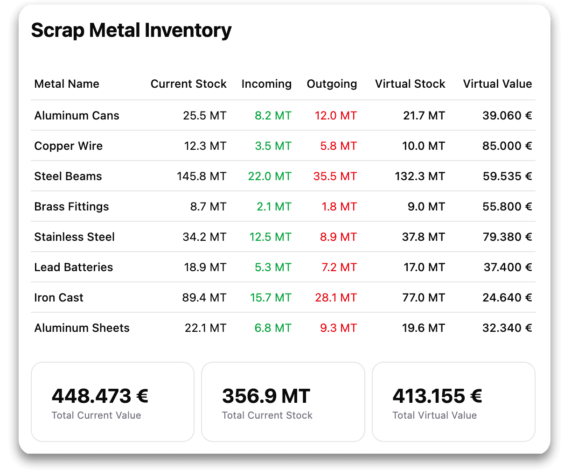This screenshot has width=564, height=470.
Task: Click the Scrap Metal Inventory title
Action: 131,31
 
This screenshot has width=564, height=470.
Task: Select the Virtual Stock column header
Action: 410,84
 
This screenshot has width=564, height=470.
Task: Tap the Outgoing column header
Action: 332,84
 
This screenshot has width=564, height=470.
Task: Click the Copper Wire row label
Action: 69,146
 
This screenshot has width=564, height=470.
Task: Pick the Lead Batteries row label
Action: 74,267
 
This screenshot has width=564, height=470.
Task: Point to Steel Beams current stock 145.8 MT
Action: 202,176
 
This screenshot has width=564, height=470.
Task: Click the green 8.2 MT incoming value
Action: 273,116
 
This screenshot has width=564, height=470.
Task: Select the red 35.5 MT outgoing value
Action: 335,176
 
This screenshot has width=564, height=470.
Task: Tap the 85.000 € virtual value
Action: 507,146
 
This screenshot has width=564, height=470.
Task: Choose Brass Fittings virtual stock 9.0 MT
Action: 426,207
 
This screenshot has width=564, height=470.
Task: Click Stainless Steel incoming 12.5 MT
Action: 270,237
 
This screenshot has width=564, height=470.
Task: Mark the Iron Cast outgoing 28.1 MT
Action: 335,298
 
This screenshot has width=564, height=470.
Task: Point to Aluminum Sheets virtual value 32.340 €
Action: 507,328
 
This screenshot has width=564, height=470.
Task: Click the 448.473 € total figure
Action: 100,396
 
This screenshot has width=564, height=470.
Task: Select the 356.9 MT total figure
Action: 266,396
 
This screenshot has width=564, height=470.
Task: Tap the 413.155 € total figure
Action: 437,396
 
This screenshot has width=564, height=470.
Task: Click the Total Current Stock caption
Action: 267,415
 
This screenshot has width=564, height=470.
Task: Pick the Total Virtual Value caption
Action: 434,415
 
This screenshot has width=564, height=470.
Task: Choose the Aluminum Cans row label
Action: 77,116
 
